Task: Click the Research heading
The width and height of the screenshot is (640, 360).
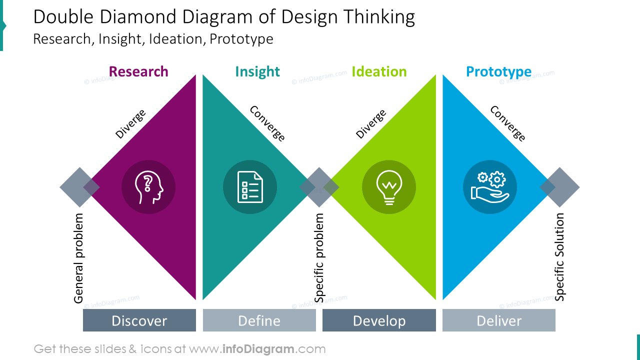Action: [x=138, y=71]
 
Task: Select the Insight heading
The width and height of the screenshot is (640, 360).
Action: [x=257, y=71]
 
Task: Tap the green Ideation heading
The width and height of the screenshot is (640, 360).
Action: [x=379, y=71]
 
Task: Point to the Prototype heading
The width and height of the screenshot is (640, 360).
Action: [x=498, y=71]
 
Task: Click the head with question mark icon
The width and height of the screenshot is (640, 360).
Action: [x=148, y=187]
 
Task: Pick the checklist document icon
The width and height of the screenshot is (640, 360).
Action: [x=250, y=187]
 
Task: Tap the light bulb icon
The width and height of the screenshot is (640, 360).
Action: [x=389, y=187]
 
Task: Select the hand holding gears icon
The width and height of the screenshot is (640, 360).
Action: [x=490, y=187]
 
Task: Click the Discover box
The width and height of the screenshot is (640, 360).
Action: [x=139, y=320]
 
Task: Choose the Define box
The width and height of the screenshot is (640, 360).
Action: [x=259, y=320]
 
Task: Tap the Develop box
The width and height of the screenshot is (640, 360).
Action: [x=379, y=320]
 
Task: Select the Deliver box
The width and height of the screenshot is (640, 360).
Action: [x=499, y=320]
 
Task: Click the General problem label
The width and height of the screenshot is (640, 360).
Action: [x=78, y=258]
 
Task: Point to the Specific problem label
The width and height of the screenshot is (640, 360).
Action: [x=319, y=258]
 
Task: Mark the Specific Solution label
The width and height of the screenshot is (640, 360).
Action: [x=559, y=257]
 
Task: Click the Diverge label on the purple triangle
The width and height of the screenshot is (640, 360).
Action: [x=130, y=123]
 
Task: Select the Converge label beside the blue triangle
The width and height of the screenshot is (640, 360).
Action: [x=507, y=123]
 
